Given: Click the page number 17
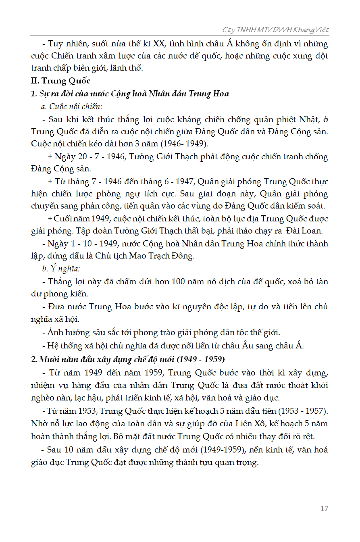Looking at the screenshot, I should coord(324,509).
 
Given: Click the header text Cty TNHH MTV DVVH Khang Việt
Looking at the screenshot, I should coord(275,30).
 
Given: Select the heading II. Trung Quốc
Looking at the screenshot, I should coord(60,81).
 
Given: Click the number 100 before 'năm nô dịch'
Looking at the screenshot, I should coord(177,281).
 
